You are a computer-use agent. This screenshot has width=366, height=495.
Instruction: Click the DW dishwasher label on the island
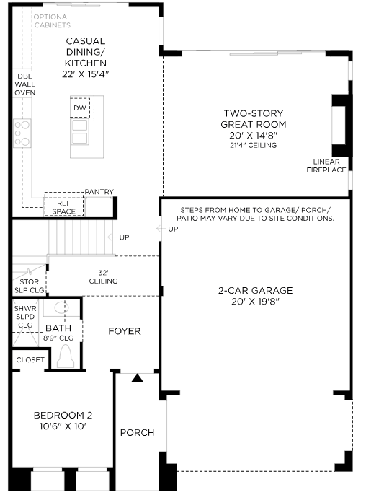coord(80,108)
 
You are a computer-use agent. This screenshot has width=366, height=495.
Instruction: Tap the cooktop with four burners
coord(22,133)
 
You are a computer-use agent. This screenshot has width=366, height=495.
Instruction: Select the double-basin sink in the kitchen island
coord(80,131)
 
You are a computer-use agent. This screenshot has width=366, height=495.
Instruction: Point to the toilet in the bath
coord(66,356)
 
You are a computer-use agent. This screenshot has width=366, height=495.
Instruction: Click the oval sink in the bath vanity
coord(61,308)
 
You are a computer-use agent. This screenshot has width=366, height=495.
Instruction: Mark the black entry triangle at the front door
coord(137,378)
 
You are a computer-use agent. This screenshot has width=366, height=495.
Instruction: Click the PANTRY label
coord(99,192)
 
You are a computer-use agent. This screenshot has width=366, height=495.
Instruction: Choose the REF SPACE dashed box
coord(64,204)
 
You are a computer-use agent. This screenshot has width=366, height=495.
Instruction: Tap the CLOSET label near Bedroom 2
coord(30,359)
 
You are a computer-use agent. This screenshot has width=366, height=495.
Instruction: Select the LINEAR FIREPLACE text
coord(326,166)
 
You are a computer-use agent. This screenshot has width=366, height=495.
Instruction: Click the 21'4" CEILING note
coord(254,145)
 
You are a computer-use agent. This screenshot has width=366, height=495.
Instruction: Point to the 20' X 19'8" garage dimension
coord(255,301)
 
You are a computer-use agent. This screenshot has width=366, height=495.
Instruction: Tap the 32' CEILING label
coord(104,277)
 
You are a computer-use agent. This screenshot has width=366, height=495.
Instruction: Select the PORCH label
coord(137,432)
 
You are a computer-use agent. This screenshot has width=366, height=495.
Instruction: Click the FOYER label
coord(125,330)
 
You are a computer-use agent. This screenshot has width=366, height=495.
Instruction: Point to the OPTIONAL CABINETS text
coord(53,21)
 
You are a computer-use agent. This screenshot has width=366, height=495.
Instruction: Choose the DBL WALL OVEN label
coord(24,84)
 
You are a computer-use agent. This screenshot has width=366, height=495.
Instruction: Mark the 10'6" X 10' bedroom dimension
coord(63,426)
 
